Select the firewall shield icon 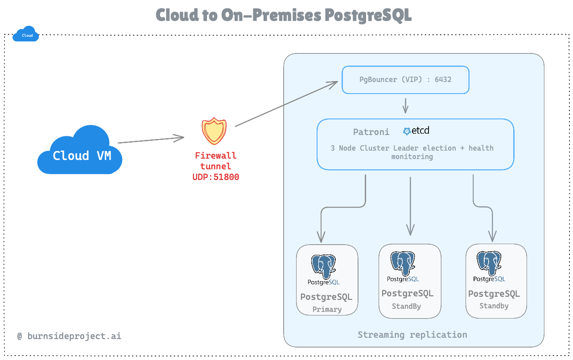pos(214,131)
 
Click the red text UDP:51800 pos(215,177)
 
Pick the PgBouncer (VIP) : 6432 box pos(405,80)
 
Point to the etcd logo pos(416,131)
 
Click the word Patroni pos(371,132)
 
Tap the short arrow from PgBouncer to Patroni pos(405,106)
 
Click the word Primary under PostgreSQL pos(327,309)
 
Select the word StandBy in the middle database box pos(406,306)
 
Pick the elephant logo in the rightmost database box pos(489,264)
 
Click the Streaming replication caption pos(412,335)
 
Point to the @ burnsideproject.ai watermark pos(69,336)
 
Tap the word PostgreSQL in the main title pos(367,15)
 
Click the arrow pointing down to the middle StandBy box pos(410,205)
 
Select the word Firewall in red pos(216,156)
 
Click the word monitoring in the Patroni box pos(412,157)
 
